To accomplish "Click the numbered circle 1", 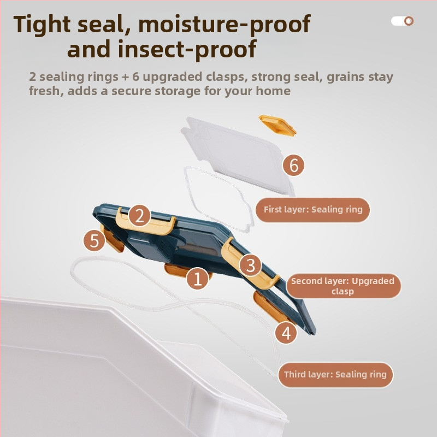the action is click(x=198, y=279).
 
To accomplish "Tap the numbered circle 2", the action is click(x=139, y=216).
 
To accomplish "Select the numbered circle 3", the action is click(x=250, y=265).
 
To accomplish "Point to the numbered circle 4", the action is click(x=286, y=333).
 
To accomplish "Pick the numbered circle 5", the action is click(x=95, y=240).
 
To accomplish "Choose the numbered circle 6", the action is click(x=293, y=165).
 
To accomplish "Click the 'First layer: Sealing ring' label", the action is click(x=312, y=210).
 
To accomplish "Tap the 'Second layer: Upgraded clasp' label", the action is click(x=343, y=286).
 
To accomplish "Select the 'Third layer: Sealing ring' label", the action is click(x=335, y=375).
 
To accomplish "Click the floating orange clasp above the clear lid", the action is click(x=277, y=126).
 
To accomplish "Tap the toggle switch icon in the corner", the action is click(x=402, y=21).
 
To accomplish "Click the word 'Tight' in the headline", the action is click(x=42, y=24).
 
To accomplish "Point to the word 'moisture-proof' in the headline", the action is click(x=225, y=25).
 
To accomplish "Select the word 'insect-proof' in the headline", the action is click(x=187, y=49).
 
